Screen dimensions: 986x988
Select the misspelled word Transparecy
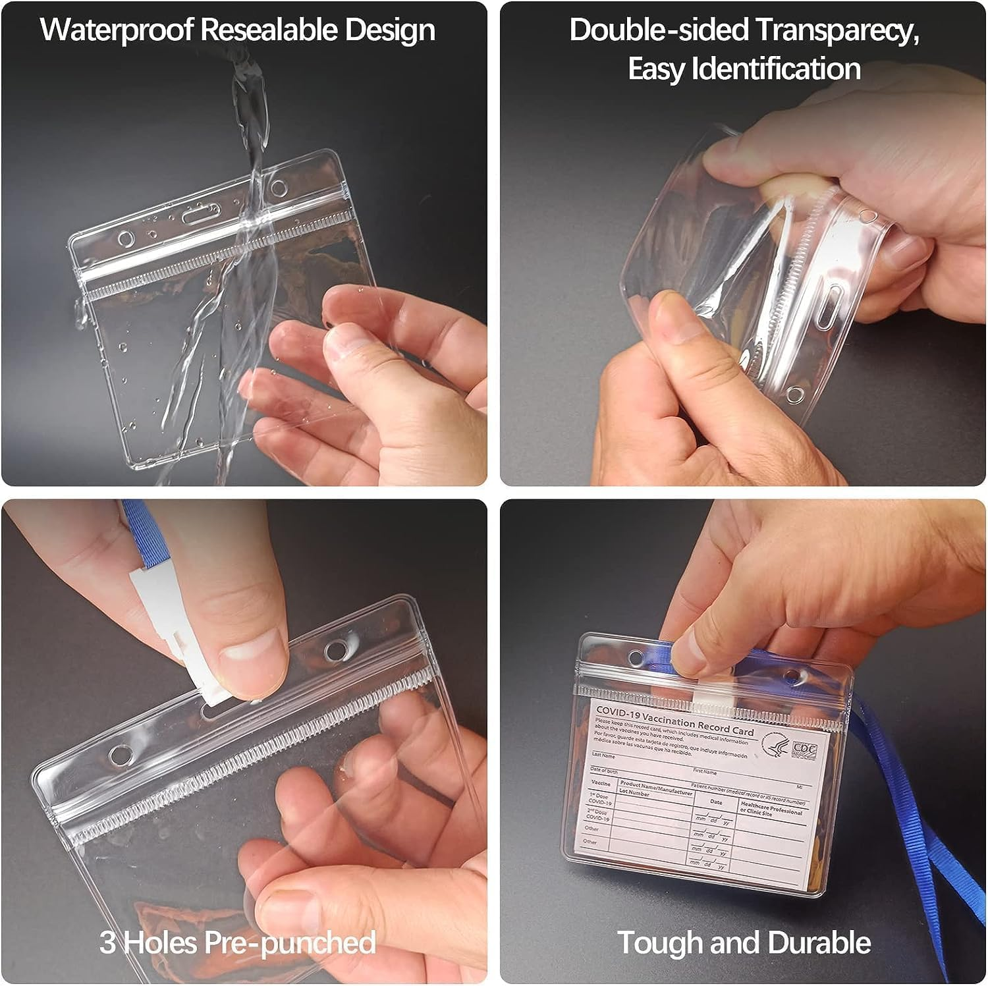pyautogui.click(x=837, y=30)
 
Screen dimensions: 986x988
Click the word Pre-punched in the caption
pyautogui.click(x=290, y=943)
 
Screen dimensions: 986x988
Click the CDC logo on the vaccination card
pyautogui.click(x=800, y=749)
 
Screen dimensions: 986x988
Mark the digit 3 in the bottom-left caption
pyautogui.click(x=108, y=943)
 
